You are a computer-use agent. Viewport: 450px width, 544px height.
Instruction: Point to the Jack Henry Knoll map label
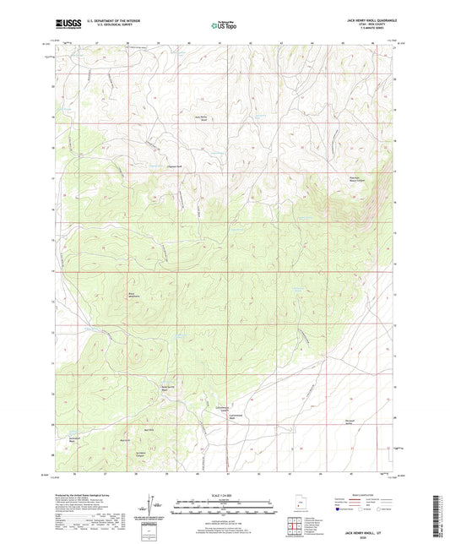click(x=201, y=117)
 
